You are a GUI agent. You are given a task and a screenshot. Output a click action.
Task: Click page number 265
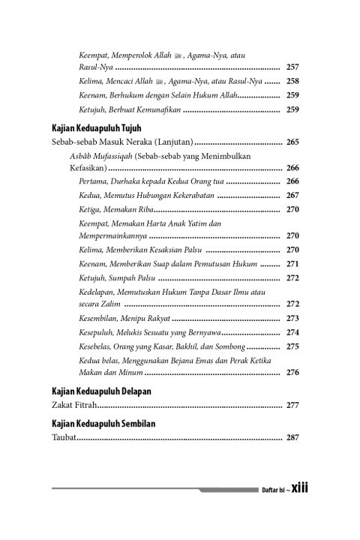tap(292, 142)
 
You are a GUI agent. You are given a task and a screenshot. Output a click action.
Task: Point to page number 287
tap(292, 437)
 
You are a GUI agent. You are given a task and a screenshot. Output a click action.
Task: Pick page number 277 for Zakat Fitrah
tap(292, 405)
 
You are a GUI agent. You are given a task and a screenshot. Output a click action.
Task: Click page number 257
tap(292, 67)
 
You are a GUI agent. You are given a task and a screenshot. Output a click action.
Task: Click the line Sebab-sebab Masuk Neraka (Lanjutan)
tap(123, 142)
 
